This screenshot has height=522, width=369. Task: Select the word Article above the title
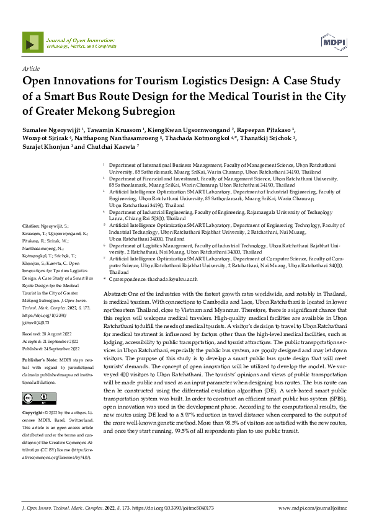[x=30, y=69]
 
